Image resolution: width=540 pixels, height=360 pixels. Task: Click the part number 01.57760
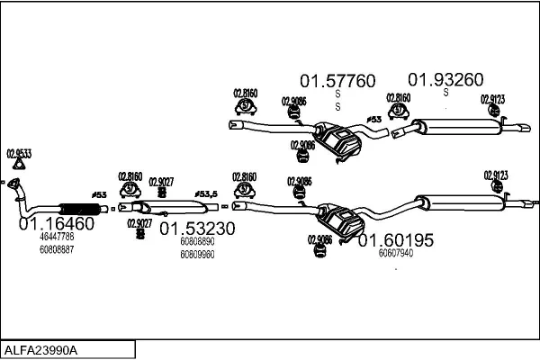click(x=337, y=81)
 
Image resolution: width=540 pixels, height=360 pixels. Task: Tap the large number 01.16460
click(x=57, y=223)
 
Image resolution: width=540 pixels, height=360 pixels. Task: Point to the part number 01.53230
click(x=197, y=229)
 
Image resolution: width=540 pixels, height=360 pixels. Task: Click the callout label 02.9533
click(x=18, y=153)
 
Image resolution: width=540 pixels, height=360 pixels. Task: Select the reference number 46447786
click(x=57, y=237)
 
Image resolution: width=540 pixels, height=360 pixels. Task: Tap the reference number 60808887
click(x=57, y=248)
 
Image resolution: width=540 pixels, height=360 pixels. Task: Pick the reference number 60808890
click(x=197, y=242)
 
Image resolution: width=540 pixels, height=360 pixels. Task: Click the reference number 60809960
click(x=197, y=254)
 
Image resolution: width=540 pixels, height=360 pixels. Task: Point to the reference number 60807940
click(x=396, y=253)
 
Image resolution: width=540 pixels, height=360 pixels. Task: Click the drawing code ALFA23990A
click(x=43, y=349)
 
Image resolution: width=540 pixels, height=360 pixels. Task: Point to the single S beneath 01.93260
click(x=445, y=92)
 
